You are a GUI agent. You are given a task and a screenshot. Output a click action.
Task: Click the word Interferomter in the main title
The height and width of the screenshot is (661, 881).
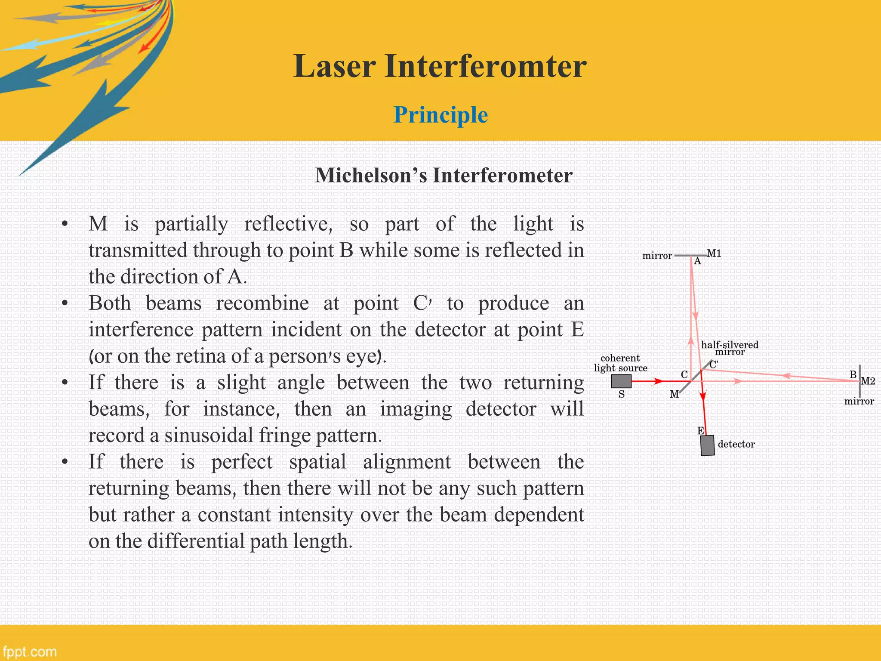pyautogui.click(x=485, y=67)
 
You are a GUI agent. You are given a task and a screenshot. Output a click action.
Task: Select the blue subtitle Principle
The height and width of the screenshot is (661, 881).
pyautogui.click(x=440, y=115)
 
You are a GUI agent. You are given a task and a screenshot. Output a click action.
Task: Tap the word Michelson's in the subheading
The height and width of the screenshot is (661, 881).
pyautogui.click(x=371, y=176)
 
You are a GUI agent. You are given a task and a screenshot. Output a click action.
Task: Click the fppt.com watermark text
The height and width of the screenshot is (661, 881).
pyautogui.click(x=29, y=651)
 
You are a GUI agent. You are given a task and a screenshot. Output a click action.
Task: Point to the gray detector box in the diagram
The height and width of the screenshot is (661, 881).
pyautogui.click(x=707, y=445)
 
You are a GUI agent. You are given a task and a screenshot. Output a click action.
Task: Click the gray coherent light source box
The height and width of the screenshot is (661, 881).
pyautogui.click(x=621, y=381)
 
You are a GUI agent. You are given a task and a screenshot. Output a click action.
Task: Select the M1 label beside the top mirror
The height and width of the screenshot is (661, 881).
pyautogui.click(x=714, y=253)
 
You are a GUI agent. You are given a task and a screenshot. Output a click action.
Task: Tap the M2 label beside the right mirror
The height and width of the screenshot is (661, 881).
pyautogui.click(x=867, y=381)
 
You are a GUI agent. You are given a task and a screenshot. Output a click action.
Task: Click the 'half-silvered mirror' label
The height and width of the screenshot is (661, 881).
pyautogui.click(x=730, y=348)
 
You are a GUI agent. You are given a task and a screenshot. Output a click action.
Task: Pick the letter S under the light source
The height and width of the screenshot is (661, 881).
pyautogui.click(x=621, y=394)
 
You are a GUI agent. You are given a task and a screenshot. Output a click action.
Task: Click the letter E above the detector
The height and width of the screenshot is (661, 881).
pyautogui.click(x=700, y=430)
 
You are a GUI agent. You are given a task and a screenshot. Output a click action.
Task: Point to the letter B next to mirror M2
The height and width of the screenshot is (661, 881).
pyautogui.click(x=853, y=374)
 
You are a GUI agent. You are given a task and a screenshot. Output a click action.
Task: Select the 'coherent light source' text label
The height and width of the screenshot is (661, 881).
pyautogui.click(x=620, y=363)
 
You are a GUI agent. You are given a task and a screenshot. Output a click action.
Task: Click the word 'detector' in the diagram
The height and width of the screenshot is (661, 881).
pyautogui.click(x=736, y=444)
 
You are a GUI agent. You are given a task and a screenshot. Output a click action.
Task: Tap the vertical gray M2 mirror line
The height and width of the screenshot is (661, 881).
pyautogui.click(x=859, y=381)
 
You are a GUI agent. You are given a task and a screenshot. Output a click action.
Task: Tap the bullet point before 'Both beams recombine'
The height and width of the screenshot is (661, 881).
pyautogui.click(x=65, y=303)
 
